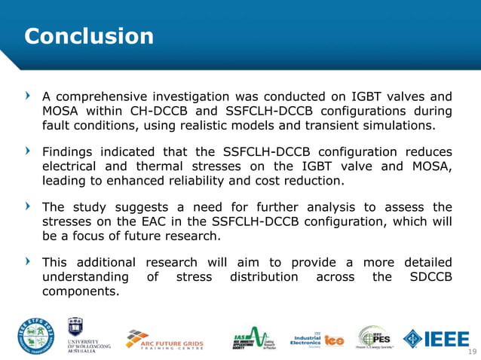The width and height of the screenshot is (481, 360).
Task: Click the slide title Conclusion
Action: pos(89,35)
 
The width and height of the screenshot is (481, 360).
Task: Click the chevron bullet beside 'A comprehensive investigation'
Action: pos(29,96)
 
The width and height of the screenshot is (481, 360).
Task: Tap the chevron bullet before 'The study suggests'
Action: pos(29,206)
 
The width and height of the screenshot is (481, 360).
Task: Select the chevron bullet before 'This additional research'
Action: pos(29,261)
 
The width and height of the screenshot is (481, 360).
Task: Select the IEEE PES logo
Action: pos(374,338)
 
